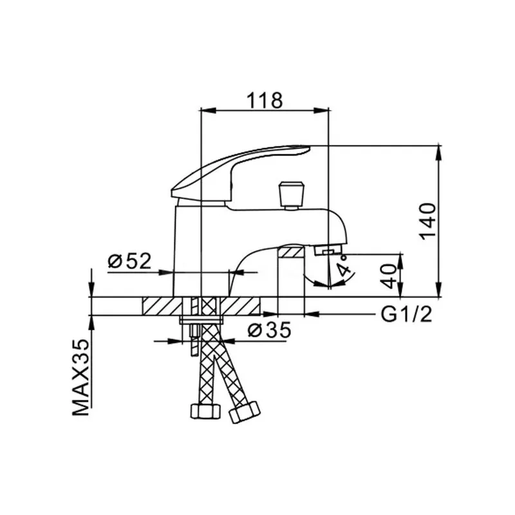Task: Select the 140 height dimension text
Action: click(x=428, y=222)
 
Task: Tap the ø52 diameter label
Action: click(x=129, y=261)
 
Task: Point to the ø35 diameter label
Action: click(x=269, y=330)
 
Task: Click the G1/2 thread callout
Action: click(x=406, y=314)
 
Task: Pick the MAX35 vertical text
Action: click(x=81, y=377)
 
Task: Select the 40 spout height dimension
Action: click(x=390, y=276)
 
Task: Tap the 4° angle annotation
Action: click(x=344, y=268)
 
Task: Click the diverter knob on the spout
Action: click(x=291, y=196)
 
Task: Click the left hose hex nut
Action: click(x=205, y=411)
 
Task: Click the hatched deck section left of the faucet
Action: click(x=162, y=306)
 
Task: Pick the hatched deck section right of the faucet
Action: click(x=240, y=306)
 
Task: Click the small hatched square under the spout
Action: click(x=292, y=252)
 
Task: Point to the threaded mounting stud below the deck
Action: click(x=194, y=339)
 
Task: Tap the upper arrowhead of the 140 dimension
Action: click(x=438, y=153)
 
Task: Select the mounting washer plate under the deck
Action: click(x=201, y=319)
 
